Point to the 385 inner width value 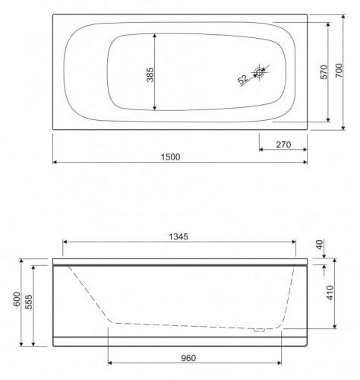[x=150, y=74]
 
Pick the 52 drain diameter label [x=244, y=79]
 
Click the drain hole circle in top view [x=260, y=73]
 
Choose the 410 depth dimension [x=328, y=293]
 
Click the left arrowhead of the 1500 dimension [x=55, y=163]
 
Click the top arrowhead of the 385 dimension [x=155, y=35]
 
